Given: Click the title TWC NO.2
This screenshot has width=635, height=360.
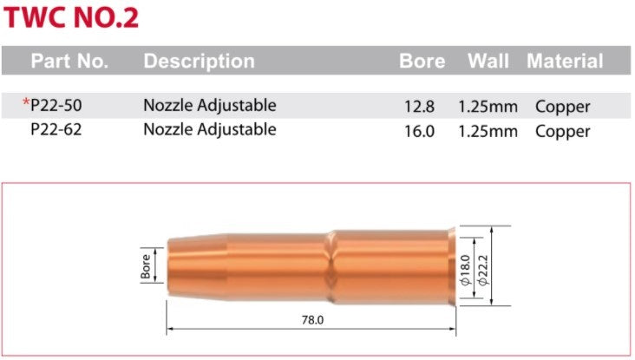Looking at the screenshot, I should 70,18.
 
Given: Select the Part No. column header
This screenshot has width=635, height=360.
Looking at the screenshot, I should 69,62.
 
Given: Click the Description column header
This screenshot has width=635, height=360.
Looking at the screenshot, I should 199,62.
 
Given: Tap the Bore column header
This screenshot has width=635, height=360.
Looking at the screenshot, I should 422,62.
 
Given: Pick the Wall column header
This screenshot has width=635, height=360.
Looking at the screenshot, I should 488,62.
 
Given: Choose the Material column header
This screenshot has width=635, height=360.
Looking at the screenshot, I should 564,62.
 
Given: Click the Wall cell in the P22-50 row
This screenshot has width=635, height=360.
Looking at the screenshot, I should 488,107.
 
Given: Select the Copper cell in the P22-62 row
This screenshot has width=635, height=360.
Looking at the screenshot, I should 562,131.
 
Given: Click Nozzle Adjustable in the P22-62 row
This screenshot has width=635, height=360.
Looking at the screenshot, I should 209,131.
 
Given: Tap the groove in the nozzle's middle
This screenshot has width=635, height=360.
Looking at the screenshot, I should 330,265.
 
